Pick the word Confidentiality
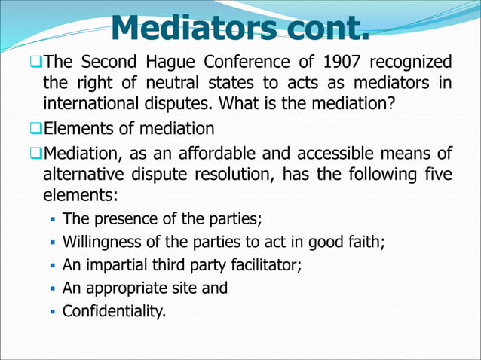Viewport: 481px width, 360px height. (113, 310)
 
